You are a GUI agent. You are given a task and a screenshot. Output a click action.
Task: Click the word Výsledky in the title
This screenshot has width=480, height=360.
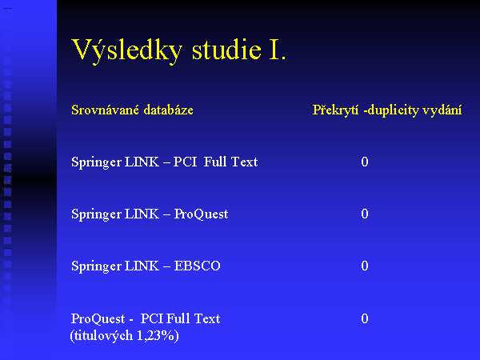point(126,50)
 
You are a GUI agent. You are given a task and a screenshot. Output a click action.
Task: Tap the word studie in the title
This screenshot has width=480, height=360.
point(226,50)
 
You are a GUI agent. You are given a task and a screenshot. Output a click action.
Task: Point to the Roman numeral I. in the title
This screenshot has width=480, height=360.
point(278,50)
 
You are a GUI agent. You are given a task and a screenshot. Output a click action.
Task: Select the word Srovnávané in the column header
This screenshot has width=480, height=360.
point(105,110)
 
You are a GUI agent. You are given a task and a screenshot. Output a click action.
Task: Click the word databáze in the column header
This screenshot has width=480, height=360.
point(168,110)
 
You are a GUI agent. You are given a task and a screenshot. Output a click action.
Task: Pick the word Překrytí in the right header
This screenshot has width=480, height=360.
point(335,110)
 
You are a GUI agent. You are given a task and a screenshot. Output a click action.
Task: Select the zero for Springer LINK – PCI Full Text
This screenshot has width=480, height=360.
point(365,162)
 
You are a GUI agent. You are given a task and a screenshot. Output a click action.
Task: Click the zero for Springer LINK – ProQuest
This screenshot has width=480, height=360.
point(365,214)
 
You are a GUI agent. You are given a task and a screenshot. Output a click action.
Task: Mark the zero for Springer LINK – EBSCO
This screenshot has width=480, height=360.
point(365,266)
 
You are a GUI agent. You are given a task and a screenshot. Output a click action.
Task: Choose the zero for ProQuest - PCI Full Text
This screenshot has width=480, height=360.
point(365,318)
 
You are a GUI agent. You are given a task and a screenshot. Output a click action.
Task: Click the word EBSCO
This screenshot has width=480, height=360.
point(197,266)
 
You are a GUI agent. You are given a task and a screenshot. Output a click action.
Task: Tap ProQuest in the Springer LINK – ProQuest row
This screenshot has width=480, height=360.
point(201,214)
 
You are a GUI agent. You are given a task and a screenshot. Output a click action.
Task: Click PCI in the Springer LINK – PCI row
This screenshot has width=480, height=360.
point(186,162)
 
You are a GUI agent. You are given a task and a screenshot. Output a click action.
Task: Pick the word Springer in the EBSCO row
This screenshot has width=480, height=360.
point(96,266)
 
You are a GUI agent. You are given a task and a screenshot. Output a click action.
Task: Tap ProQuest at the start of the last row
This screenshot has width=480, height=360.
point(98,319)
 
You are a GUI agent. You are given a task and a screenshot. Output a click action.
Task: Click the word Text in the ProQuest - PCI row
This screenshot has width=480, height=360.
point(207,318)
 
